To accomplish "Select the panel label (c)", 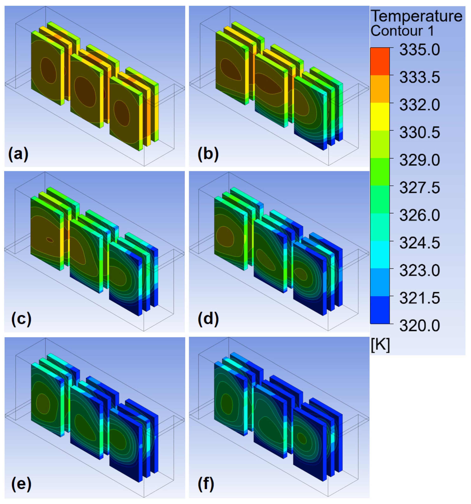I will pyautogui.click(x=21, y=319).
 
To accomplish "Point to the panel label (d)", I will pyautogui.click(x=208, y=319).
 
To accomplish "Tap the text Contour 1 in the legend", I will pyautogui.click(x=402, y=31).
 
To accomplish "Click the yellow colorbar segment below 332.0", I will pyautogui.click(x=380, y=117).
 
